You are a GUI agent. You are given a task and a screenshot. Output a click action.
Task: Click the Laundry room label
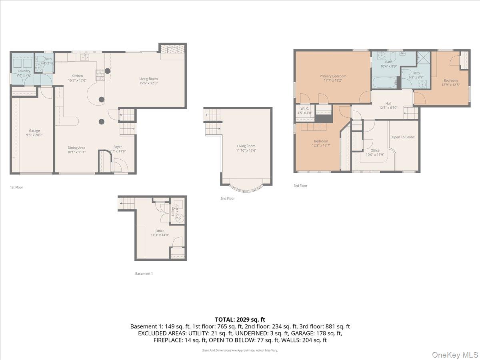(24, 71)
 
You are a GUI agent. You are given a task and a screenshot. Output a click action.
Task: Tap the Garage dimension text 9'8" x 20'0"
(34, 135)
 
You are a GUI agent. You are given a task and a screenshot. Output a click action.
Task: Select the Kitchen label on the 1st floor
(77, 76)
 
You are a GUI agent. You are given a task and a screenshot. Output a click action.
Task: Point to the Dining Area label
(76, 148)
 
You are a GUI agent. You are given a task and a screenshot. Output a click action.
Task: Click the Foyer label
(117, 147)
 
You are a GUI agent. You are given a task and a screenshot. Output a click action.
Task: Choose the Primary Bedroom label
(333, 76)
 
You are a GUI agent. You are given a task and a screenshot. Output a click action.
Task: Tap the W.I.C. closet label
(305, 108)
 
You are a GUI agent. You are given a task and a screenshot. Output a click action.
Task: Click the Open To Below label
(403, 137)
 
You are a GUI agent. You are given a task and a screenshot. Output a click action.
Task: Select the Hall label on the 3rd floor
(388, 103)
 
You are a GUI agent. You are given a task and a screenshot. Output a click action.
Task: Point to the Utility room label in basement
(173, 210)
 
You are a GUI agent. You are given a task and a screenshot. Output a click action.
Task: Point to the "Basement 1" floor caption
(144, 274)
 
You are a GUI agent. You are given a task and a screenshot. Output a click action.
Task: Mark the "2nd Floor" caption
(228, 198)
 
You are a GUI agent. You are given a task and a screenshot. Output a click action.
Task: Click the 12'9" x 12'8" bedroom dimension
(450, 85)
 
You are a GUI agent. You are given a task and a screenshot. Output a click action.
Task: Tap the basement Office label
(160, 231)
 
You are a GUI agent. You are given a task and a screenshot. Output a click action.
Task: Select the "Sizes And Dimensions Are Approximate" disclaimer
(240, 350)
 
